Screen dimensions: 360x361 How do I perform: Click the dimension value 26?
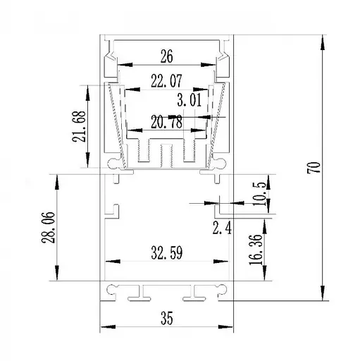[x=167, y=56]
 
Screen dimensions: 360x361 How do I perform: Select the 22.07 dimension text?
[x=166, y=81]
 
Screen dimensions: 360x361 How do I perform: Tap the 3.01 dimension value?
[x=190, y=100]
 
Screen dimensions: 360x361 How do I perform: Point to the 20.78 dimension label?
[x=166, y=122]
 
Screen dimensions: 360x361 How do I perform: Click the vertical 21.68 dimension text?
[x=79, y=126]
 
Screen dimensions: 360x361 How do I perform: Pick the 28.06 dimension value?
[x=49, y=228]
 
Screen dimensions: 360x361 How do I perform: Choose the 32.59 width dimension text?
[x=167, y=252]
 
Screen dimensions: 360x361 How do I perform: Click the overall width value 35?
[x=167, y=318]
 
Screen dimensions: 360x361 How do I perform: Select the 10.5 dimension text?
[x=259, y=194]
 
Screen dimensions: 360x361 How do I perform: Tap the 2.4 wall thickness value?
[x=222, y=228]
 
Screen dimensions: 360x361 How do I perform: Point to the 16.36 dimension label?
[x=256, y=250]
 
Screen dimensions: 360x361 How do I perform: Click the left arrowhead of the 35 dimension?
[x=108, y=326]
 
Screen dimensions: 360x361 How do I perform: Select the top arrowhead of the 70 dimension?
[x=323, y=42]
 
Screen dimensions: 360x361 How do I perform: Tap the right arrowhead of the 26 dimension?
[x=208, y=65]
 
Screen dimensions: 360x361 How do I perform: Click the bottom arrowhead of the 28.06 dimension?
[x=57, y=273]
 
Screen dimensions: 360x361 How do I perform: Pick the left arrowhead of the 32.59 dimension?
[x=113, y=262]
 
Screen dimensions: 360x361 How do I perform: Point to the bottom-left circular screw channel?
[x=112, y=289]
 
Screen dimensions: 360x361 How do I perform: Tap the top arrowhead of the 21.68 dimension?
[x=87, y=93]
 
